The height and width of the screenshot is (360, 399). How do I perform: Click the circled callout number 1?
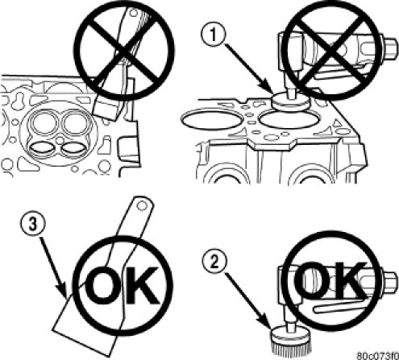[213, 35]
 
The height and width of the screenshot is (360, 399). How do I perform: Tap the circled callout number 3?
[32, 225]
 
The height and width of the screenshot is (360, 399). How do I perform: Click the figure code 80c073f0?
[378, 355]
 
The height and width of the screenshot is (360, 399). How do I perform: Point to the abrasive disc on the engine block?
[290, 101]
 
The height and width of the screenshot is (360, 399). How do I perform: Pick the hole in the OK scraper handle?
[142, 206]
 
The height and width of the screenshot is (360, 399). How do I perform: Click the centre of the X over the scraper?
[124, 51]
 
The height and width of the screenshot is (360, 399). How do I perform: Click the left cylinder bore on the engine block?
[212, 119]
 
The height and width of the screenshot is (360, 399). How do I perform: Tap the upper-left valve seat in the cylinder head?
[44, 123]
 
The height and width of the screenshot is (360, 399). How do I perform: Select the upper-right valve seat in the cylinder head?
[75, 123]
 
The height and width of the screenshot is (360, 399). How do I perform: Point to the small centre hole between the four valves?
[60, 140]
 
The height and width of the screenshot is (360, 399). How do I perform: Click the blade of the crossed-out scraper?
[106, 108]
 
